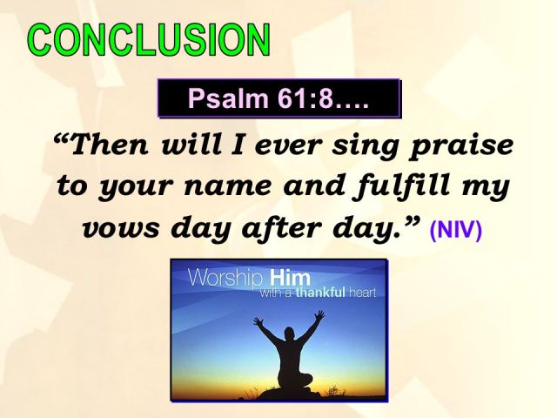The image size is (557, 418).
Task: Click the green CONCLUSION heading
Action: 148,41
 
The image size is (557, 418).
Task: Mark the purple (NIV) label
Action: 455,233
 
